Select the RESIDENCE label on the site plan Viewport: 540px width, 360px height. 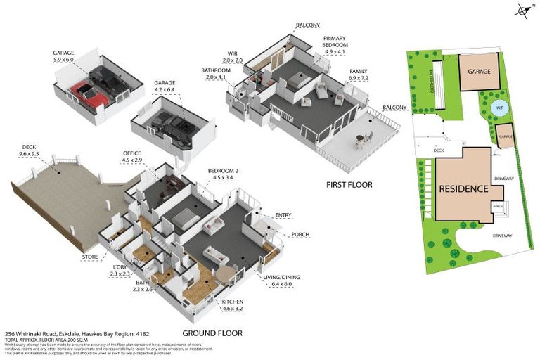click(x=463, y=188)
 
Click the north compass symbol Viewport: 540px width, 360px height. click(x=522, y=10)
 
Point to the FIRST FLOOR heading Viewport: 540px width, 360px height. click(x=349, y=185)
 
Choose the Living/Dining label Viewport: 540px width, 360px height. click(x=281, y=278)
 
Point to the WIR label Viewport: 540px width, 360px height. click(x=233, y=53)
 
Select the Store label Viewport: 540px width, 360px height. click(x=90, y=257)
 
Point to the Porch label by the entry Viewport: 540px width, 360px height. click(x=300, y=235)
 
